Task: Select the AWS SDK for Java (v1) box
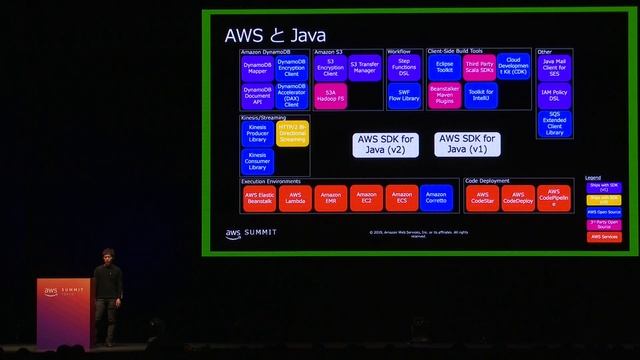(x=467, y=144)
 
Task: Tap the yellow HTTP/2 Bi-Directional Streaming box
(x=292, y=133)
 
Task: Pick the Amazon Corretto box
(x=436, y=198)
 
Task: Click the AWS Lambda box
(x=296, y=198)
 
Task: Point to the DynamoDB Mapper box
(x=257, y=68)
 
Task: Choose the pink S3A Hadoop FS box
(x=330, y=96)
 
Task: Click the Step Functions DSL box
(x=404, y=68)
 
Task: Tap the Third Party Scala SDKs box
(x=479, y=68)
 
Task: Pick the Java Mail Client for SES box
(x=555, y=68)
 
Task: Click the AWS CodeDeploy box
(x=517, y=198)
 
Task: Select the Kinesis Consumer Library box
(x=257, y=161)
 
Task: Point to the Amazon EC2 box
(x=366, y=198)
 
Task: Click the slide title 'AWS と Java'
(x=274, y=35)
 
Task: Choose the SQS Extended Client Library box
(x=555, y=123)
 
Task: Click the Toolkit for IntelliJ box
(x=480, y=96)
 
